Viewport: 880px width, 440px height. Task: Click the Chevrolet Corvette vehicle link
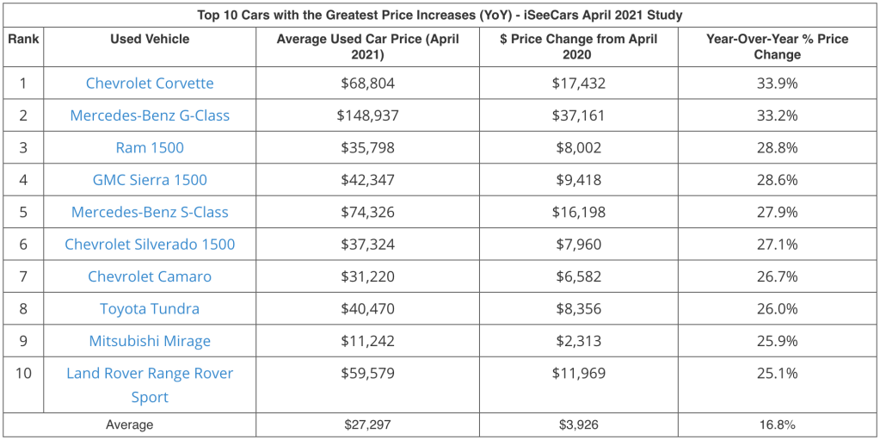[x=150, y=84]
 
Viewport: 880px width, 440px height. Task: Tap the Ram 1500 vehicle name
[x=150, y=147]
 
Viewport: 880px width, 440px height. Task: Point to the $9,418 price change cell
[x=577, y=180]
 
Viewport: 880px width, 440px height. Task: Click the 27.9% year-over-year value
[x=776, y=212]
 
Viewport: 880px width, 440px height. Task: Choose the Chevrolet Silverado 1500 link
[x=150, y=245]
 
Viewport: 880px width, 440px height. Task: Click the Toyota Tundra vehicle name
[x=150, y=309]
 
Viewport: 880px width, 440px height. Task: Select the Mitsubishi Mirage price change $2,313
[x=577, y=341]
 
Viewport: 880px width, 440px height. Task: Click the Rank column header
[x=23, y=40]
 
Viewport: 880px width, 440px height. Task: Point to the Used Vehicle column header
[x=150, y=40]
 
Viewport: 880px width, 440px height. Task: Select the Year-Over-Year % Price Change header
[x=776, y=46]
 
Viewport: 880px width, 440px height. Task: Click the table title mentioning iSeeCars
[x=440, y=15]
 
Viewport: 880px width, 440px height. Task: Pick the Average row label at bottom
[x=129, y=425]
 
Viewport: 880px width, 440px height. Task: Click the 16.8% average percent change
[x=776, y=425]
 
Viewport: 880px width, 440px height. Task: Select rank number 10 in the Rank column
[x=23, y=374]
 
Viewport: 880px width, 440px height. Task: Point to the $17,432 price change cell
[x=577, y=84]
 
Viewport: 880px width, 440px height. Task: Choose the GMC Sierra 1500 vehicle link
[x=150, y=180]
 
